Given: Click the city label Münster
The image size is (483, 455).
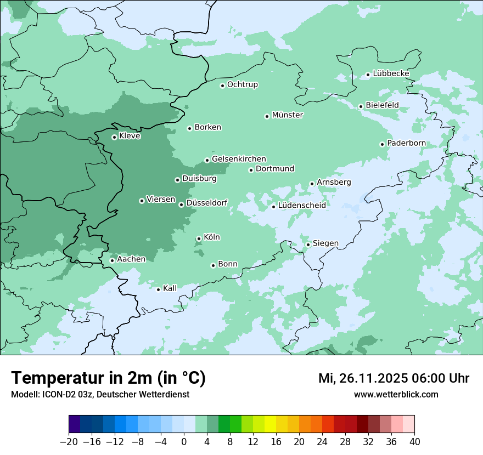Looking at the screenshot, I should click(x=288, y=115).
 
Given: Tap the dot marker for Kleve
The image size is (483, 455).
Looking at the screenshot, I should click(x=114, y=137).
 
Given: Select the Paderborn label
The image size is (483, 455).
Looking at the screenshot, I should click(x=406, y=143).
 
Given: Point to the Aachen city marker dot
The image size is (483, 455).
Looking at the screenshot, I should click(x=112, y=260).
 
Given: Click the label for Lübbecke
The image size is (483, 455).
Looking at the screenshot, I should click(x=391, y=73).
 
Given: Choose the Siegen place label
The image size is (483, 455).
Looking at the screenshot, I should click(x=325, y=243).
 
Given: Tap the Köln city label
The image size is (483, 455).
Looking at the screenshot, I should click(x=211, y=237).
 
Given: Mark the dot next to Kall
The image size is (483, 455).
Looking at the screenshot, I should click(x=159, y=289).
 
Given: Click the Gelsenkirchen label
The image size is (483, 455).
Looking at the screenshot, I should click(x=239, y=159).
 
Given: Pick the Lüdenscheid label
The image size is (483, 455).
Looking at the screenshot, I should click(x=302, y=206).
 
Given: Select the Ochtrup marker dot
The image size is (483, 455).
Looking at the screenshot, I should click(x=222, y=86).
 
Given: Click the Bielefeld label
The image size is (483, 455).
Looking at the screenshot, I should click(x=382, y=105).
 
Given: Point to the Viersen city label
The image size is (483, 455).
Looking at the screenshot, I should click(x=161, y=200).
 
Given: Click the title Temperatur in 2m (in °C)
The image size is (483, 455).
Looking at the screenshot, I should click(x=108, y=378).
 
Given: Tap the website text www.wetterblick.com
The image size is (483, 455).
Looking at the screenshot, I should click(x=396, y=395).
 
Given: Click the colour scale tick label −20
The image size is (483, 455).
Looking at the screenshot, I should click(x=69, y=442).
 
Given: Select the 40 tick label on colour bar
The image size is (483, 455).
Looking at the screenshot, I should click(x=414, y=442).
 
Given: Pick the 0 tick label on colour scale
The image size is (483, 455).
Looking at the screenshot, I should click(x=184, y=442).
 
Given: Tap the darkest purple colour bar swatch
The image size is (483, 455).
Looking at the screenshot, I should click(x=75, y=424).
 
